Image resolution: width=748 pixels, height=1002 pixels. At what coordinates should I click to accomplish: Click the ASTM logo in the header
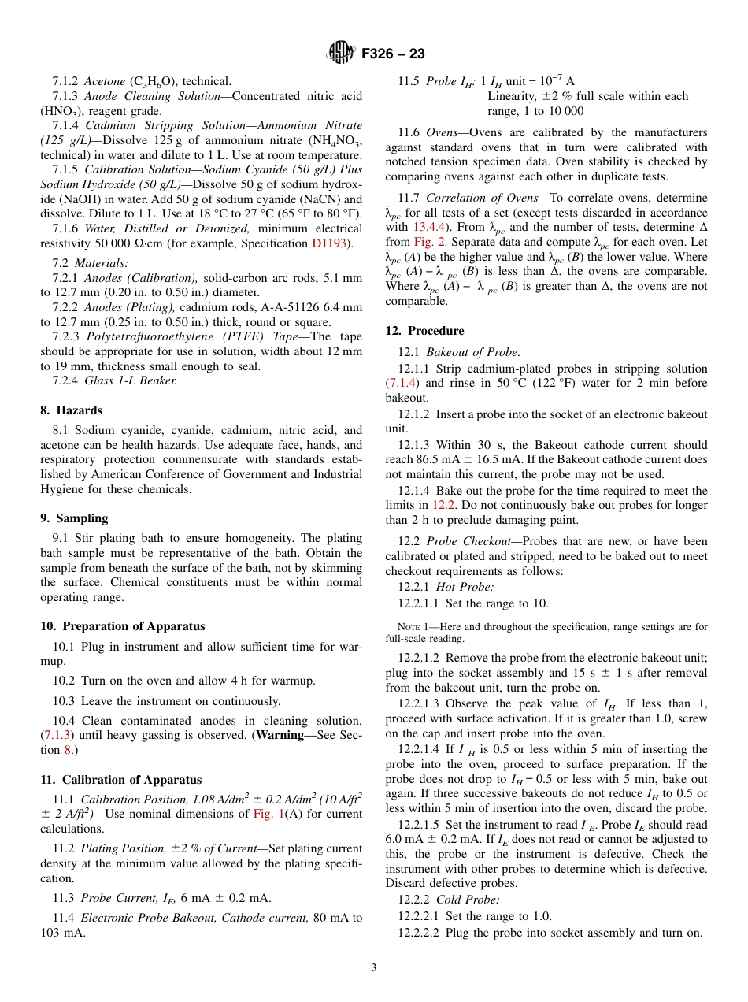(342, 54)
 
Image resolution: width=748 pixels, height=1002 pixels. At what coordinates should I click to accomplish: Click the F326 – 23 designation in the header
(393, 54)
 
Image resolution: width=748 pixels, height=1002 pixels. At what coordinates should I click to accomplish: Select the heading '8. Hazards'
(71, 410)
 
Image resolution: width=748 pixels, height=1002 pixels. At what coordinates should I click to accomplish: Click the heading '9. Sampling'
(74, 518)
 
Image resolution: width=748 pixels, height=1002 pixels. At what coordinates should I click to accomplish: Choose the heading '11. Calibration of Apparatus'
(120, 780)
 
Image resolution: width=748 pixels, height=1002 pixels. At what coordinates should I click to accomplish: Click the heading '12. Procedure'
(424, 331)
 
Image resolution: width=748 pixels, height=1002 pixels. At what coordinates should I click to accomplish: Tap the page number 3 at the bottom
(374, 967)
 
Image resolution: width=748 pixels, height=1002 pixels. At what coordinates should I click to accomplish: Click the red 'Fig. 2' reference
(428, 242)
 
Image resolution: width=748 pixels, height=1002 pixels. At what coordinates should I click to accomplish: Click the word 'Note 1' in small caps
(413, 627)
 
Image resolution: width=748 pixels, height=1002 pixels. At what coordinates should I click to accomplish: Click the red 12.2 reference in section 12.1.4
(441, 505)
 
